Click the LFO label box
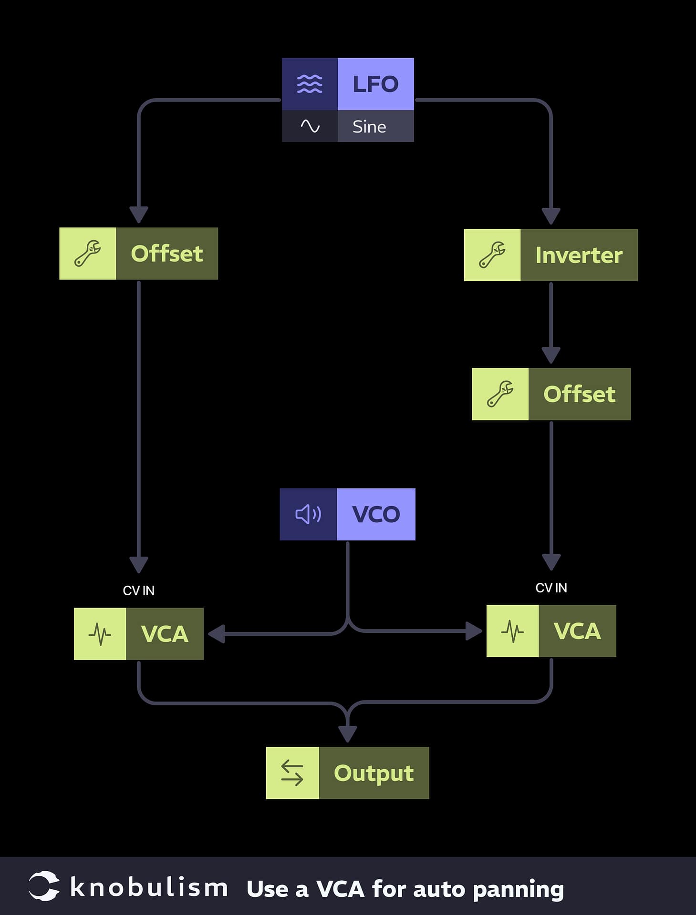coord(375,84)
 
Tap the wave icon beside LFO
coord(310,84)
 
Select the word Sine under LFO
coord(369,127)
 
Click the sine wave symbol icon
coord(310,126)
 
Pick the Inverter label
coord(579,255)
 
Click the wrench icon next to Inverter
coord(492,255)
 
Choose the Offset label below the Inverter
coord(579,394)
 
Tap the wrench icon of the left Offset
coord(87,254)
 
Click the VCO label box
coord(376,514)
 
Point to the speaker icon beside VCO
coord(308,514)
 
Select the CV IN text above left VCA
coord(138,590)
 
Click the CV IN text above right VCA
coord(551,588)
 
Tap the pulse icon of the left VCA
coord(100,634)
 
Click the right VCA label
coord(577,631)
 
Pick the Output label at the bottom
coord(374,773)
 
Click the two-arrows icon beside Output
coord(292,773)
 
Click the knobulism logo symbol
coord(44,886)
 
